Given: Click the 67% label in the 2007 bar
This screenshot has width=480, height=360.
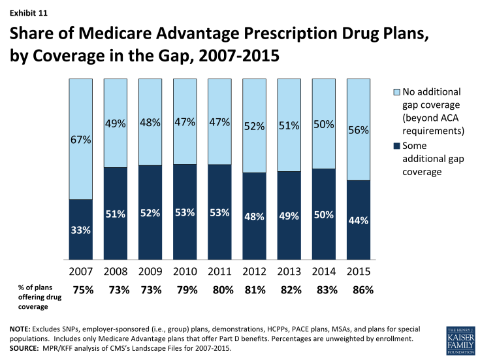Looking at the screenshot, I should [82, 140].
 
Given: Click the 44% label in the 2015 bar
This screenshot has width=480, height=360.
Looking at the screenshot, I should [359, 221].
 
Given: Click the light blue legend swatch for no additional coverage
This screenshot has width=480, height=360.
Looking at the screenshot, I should [388, 93].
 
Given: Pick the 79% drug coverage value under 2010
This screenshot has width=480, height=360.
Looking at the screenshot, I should [187, 291].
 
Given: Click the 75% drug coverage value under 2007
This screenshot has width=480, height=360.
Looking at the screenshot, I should [82, 291].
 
